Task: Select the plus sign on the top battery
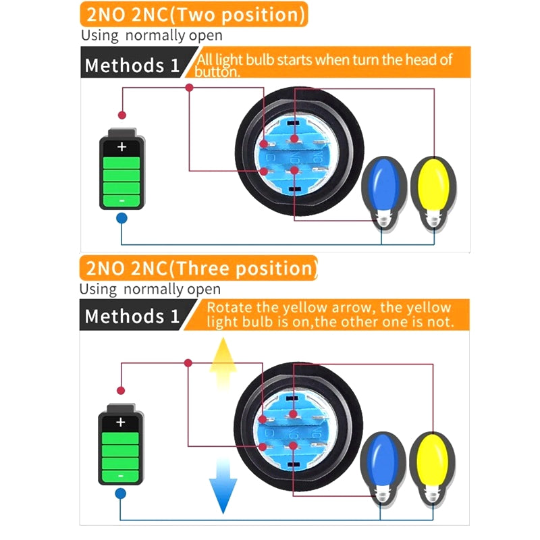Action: click(122, 146)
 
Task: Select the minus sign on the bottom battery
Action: click(121, 475)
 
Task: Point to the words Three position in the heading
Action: click(246, 268)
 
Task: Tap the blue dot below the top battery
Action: click(122, 218)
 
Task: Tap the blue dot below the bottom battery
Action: click(121, 493)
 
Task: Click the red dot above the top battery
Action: click(122, 115)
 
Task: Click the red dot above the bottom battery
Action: click(121, 390)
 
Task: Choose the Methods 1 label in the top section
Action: click(132, 65)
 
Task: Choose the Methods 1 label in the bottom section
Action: click(132, 316)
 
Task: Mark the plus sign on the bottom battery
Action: click(121, 423)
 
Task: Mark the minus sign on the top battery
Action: click(122, 200)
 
